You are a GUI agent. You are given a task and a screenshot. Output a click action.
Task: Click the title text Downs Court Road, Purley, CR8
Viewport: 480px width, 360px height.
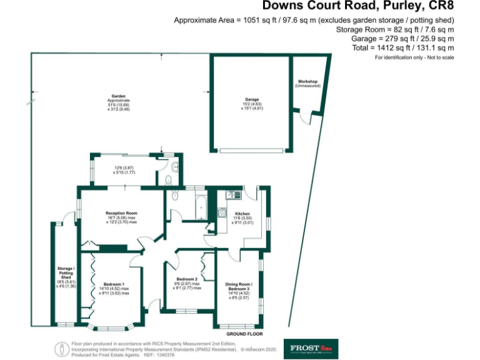point(358,7)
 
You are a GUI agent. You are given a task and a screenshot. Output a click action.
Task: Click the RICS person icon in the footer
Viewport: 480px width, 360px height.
point(61,348)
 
